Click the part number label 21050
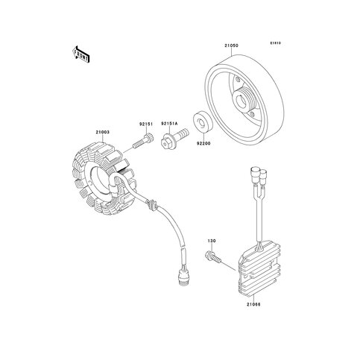[x=231, y=45]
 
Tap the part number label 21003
[x=103, y=132]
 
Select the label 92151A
[x=170, y=124]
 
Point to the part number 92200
[x=203, y=143]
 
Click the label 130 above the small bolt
[x=212, y=241]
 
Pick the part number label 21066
[x=253, y=304]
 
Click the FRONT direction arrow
[x=80, y=54]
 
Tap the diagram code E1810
[x=276, y=43]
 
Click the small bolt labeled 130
[x=213, y=257]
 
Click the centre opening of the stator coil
[x=99, y=181]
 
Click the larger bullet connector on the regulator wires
[x=254, y=174]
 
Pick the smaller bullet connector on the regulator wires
[x=263, y=177]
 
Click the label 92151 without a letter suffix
[x=146, y=124]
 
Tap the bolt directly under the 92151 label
[x=143, y=141]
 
